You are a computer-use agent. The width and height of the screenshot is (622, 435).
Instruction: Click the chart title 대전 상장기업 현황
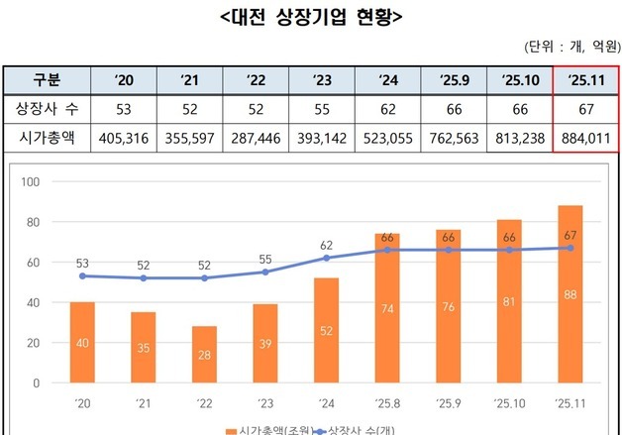310,17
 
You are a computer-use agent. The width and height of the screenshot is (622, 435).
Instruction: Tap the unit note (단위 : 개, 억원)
568,47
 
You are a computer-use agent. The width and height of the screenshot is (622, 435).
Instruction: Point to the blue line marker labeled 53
83,275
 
